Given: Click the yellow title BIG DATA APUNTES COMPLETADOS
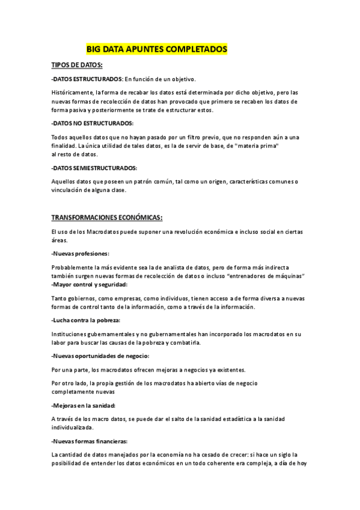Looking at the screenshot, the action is tap(157, 49).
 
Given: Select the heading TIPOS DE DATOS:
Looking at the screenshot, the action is tap(77, 64).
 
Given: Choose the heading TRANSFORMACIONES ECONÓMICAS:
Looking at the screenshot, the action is tap(107, 217).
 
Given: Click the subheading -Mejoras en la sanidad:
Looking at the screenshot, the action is tap(84, 406).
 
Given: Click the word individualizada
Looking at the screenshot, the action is tap(73, 428).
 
